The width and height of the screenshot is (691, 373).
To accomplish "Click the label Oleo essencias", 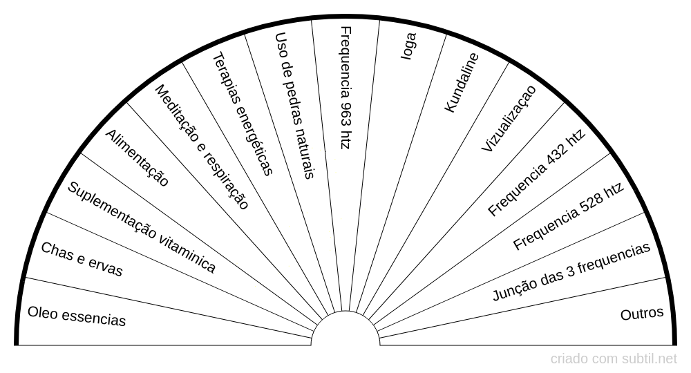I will click(x=77, y=316).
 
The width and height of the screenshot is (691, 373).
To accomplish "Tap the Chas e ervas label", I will click(x=82, y=260).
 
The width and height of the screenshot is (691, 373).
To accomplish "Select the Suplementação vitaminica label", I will click(x=141, y=227).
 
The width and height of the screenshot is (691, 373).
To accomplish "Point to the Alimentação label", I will click(x=137, y=157).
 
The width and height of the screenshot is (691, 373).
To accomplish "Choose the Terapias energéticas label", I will click(x=243, y=113).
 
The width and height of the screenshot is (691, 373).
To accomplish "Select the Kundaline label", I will click(x=461, y=83).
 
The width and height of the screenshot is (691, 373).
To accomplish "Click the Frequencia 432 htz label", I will click(x=536, y=173).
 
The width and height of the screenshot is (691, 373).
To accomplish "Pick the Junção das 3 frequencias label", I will click(x=571, y=272).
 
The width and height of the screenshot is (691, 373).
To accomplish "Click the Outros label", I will click(x=642, y=314).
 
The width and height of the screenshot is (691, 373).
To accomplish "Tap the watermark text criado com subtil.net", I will click(x=614, y=359).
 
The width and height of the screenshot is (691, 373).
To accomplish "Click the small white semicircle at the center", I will click(x=345, y=330).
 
